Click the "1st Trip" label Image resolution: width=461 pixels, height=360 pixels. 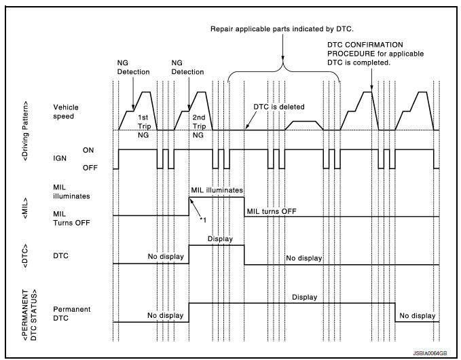point(143,122)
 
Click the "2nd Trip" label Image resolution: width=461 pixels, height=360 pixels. point(198,122)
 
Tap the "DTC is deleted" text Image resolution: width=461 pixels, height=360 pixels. point(279,107)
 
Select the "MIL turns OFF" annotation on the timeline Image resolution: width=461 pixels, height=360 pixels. point(271,211)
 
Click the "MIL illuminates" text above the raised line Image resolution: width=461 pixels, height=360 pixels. point(217,191)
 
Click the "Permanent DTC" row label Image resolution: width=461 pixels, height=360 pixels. point(72,314)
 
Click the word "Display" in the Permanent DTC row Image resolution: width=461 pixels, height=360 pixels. point(304,297)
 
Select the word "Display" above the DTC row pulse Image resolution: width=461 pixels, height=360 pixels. point(219,239)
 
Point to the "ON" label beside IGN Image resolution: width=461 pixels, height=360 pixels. point(88,149)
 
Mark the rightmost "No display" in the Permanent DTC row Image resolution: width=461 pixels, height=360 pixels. point(417,315)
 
